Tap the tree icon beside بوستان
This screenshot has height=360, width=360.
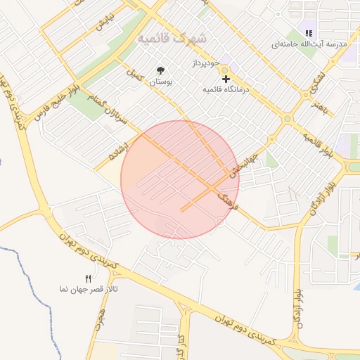point(161,70)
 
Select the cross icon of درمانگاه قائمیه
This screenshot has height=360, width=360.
point(226,79)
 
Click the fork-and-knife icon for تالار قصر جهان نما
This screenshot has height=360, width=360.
point(88,278)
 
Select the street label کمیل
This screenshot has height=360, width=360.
point(134,73)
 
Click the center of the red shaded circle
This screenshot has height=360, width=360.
point(180,179)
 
